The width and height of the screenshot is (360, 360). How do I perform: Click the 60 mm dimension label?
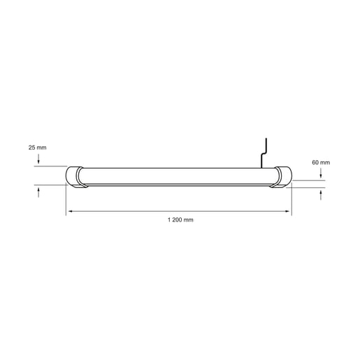[320, 162]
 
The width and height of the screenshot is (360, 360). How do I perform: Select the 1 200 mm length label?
[180, 219]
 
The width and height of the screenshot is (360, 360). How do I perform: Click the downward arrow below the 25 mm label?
[38, 161]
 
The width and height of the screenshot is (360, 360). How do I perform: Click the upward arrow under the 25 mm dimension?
[38, 190]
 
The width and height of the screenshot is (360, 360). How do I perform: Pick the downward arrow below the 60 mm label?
[320, 175]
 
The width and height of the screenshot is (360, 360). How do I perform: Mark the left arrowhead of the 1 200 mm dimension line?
[69, 211]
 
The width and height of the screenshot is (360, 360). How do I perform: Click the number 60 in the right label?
[315, 162]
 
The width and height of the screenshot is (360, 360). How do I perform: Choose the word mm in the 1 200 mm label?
[188, 219]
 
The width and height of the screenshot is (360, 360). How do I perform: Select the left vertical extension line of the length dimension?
[66, 199]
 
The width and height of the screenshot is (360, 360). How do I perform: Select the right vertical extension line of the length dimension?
[291, 199]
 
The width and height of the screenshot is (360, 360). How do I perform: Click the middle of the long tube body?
[178, 177]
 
